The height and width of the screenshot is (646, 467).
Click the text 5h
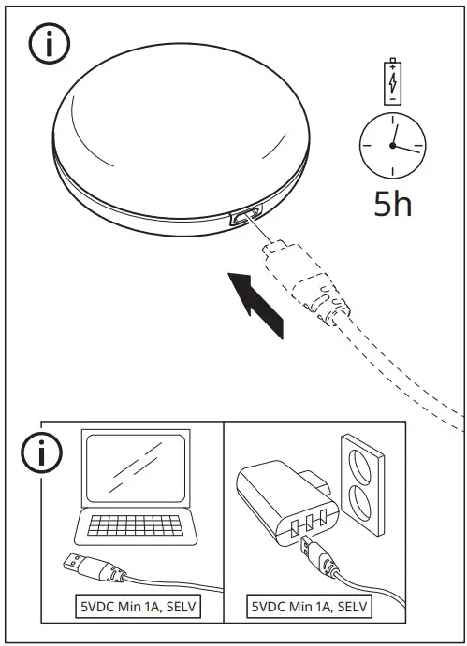[x=392, y=203]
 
